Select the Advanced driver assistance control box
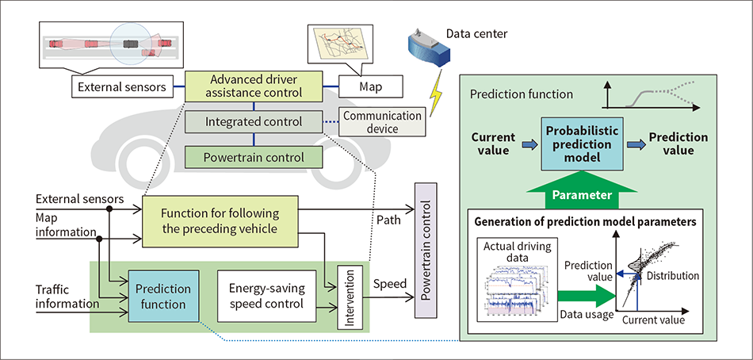pos(254,86)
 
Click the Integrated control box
pos(254,122)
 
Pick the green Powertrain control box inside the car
pos(254,156)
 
